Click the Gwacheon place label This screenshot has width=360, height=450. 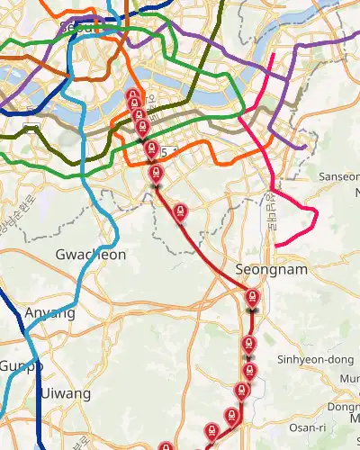(91, 255)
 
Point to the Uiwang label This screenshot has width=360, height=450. (65, 394)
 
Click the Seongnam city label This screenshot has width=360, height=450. (271, 269)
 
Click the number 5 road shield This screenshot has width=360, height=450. (163, 151)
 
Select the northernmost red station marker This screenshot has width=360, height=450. (133, 97)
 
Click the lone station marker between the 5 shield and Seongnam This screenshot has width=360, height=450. (180, 211)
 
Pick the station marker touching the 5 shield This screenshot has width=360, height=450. (151, 148)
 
